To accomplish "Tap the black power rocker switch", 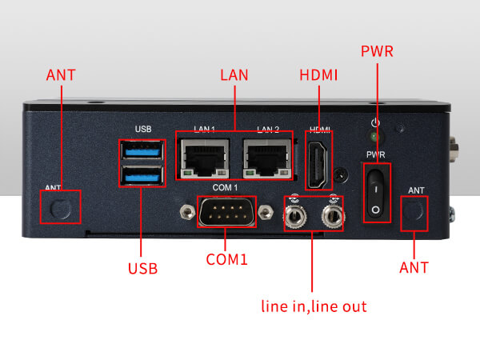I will tap(376, 193).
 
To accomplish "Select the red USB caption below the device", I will tap(142, 268).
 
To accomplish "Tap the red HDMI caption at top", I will tap(318, 75).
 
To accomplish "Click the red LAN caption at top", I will tap(234, 75).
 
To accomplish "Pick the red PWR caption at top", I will tap(377, 52).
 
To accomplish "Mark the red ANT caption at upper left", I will tap(62, 75).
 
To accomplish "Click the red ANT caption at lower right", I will tap(414, 267).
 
